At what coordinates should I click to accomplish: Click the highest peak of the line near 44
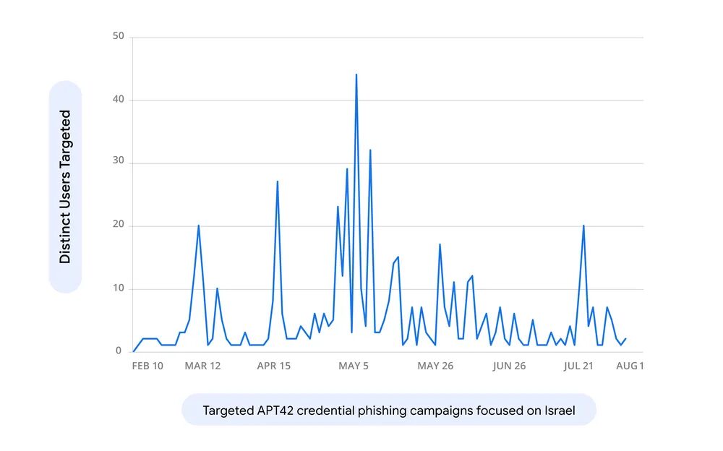pos(356,74)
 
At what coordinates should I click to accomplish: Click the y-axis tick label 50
pos(119,36)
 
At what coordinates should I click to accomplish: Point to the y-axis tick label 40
pos(119,100)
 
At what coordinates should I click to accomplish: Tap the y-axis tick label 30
pos(119,163)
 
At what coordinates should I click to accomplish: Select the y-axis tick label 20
pos(119,225)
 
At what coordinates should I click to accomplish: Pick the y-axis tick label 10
pos(119,288)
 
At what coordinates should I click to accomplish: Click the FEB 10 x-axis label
pos(147,366)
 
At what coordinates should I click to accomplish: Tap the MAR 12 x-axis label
pos(202,366)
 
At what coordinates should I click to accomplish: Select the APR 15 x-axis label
pos(274,366)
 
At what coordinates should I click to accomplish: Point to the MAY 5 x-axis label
pos(354,366)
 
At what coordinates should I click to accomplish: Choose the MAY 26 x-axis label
pos(435,366)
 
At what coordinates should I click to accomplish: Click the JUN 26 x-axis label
pos(509,366)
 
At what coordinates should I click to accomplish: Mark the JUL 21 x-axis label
pos(578,366)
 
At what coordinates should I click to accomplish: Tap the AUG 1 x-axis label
pos(629,366)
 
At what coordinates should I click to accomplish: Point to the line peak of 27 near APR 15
pos(278,181)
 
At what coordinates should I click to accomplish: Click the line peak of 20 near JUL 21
pos(583,225)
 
